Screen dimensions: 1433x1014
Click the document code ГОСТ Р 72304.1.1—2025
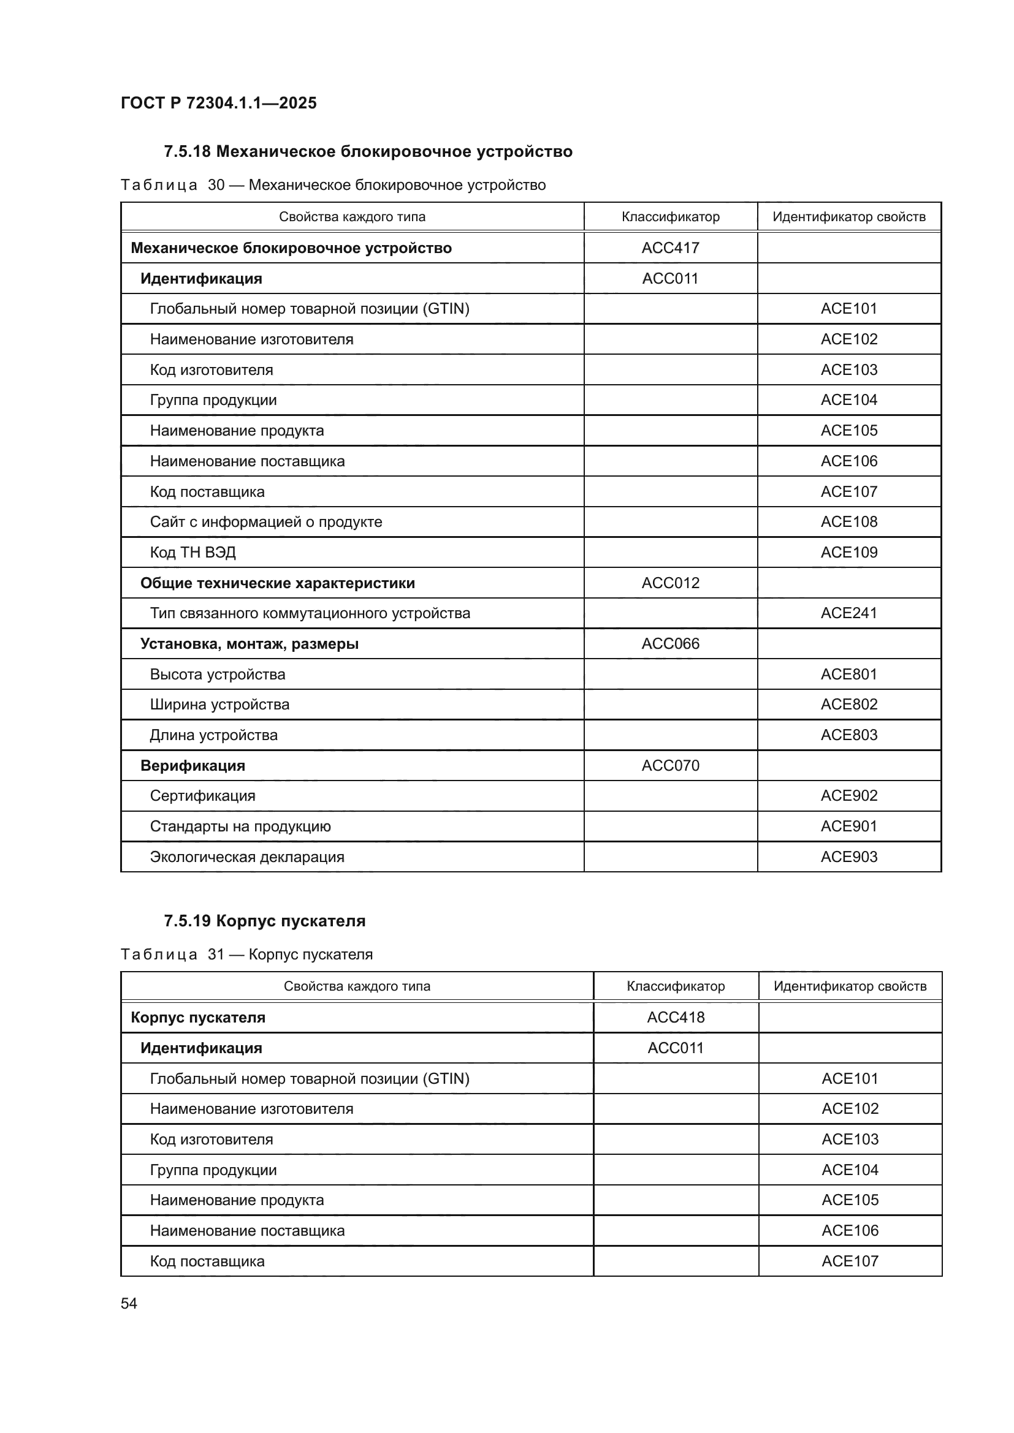pos(218,103)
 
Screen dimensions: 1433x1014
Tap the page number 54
pos(129,1303)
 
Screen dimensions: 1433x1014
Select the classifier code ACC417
pos(670,248)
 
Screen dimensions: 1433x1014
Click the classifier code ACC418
pos(675,1018)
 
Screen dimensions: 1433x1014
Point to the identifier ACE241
pos(848,613)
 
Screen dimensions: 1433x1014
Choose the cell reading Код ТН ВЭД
pos(193,553)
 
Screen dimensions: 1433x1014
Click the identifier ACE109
pos(848,553)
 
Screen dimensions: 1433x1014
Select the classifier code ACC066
pos(670,643)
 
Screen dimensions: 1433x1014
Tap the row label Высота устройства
pos(217,674)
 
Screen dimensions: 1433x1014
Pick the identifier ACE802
pos(848,704)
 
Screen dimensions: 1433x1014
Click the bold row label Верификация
pos(193,765)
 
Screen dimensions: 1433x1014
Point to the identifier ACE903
pos(848,857)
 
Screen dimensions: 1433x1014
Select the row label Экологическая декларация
pos(246,857)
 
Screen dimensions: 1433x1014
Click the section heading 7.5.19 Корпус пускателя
pos(264,921)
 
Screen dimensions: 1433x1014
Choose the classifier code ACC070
pos(670,765)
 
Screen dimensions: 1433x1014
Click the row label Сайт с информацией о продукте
pos(265,522)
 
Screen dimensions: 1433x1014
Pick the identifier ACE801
pos(848,674)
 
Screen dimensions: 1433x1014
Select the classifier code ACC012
pos(670,583)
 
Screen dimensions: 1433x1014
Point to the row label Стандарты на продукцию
pos(240,826)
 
